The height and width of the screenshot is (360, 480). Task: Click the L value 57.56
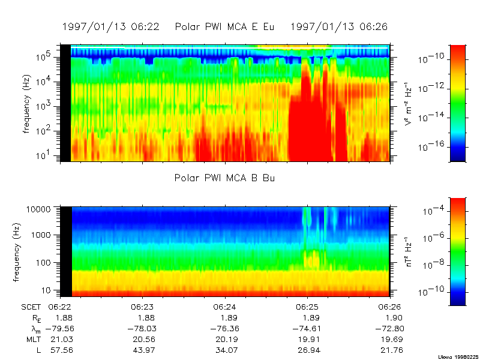click(x=60, y=350)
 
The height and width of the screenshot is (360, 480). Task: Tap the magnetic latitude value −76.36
click(x=221, y=328)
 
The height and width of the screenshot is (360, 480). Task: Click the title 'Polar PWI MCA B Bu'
click(x=225, y=178)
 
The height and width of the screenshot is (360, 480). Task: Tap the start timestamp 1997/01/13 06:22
click(x=111, y=27)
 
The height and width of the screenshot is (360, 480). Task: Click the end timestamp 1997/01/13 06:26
click(x=339, y=27)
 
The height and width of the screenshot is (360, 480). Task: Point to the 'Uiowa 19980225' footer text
click(x=459, y=355)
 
